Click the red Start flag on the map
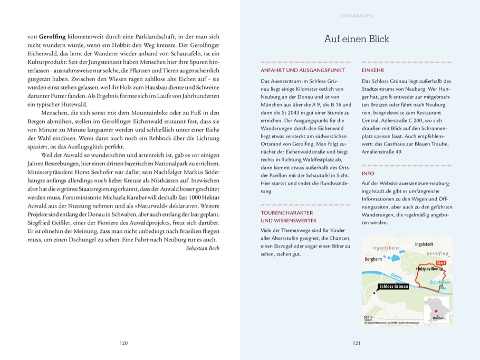[441, 262]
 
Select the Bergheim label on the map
[373, 259]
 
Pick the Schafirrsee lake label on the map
[440, 283]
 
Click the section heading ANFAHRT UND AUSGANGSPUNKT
[303, 70]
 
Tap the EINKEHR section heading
[373, 70]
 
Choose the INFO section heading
[368, 173]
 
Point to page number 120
[124, 343]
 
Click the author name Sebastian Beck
[203, 248]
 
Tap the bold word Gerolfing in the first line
[52, 37]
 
